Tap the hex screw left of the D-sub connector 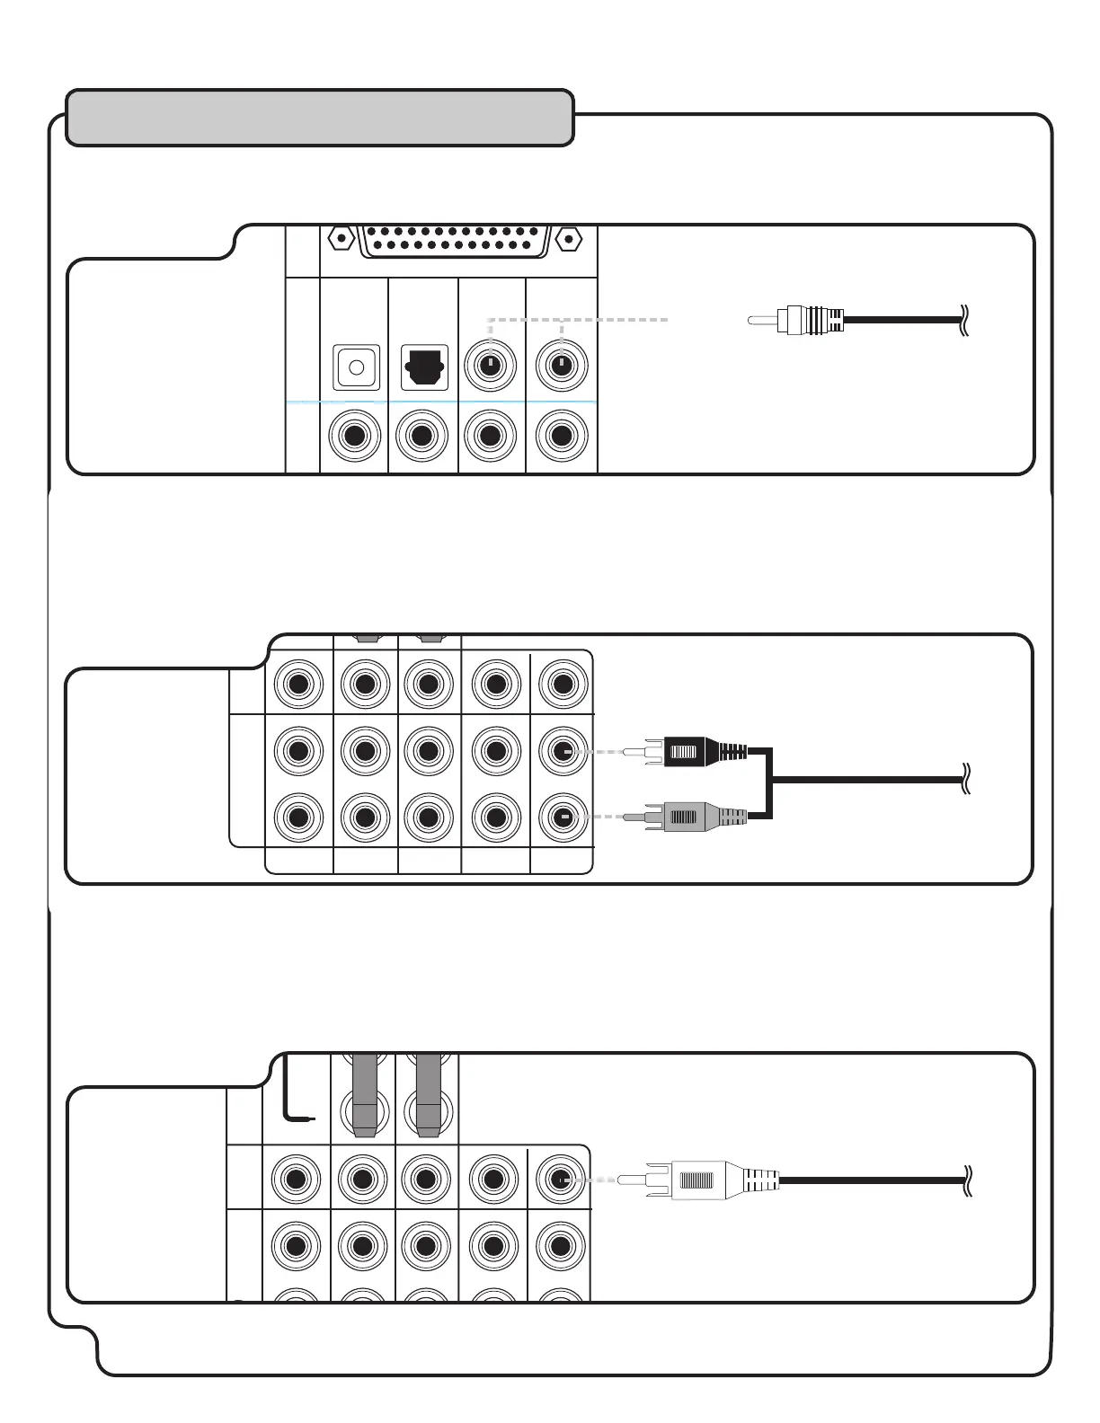click(341, 240)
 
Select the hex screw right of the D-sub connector click(567, 240)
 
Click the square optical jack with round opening click(356, 367)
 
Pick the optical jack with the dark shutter click(424, 367)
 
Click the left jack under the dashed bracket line click(490, 367)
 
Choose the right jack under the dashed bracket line click(562, 367)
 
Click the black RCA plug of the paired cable click(701, 751)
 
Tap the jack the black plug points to click(563, 751)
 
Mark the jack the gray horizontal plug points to click(563, 818)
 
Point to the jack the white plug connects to click(560, 1179)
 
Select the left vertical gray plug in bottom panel click(364, 1096)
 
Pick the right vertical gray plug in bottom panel click(429, 1096)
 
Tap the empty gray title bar click(320, 118)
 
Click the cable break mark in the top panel click(965, 319)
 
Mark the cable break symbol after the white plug click(966, 1179)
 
